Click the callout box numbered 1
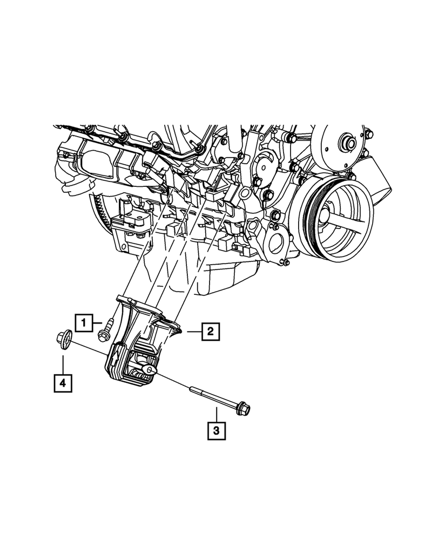(84, 323)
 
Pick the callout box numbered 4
(63, 383)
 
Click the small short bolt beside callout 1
(105, 329)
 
